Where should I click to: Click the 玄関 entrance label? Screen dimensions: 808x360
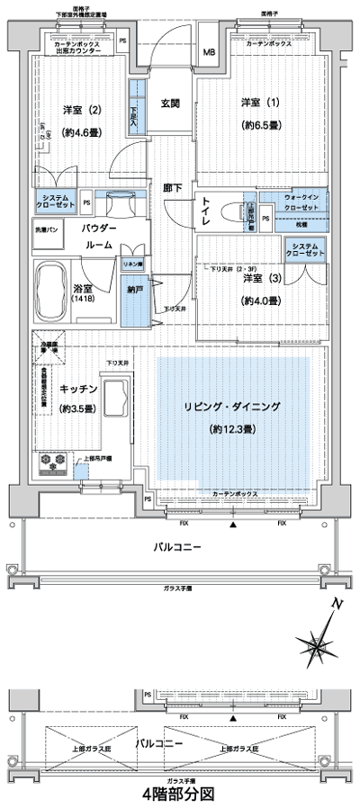click(171, 103)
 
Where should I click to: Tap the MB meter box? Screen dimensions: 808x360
click(208, 52)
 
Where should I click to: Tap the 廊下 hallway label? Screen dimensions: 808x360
click(171, 189)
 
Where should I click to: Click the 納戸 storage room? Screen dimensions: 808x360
click(134, 292)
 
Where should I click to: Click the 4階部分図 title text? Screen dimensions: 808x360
click(179, 795)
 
